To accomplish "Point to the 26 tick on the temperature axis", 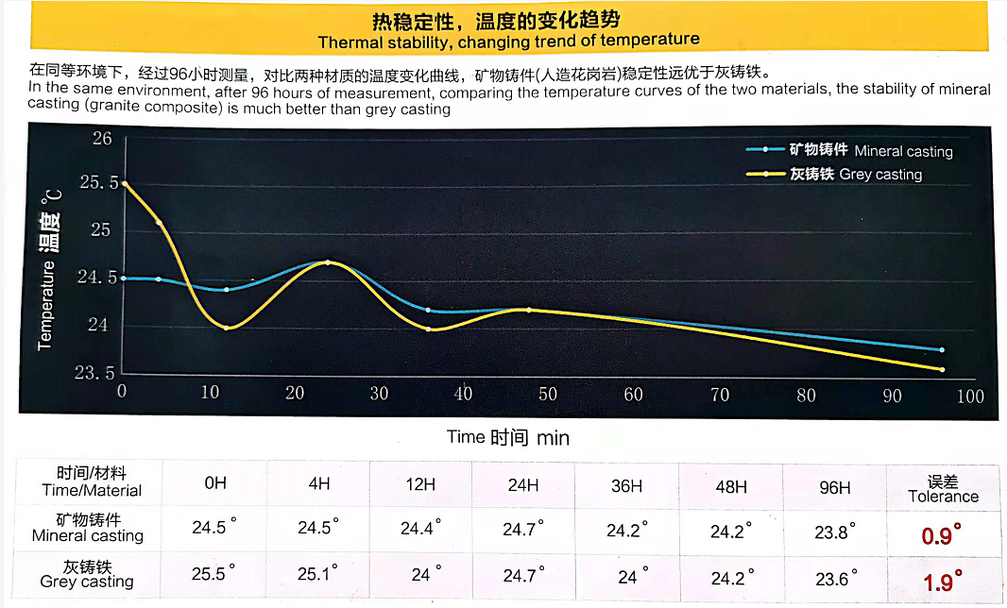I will pos(101,139).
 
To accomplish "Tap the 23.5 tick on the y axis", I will pos(97,372).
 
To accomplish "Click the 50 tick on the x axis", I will pos(547,394).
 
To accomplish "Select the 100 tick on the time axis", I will pos(970,396).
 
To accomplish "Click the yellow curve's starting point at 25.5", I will pos(124,183).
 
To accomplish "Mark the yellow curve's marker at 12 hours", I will pos(227,328).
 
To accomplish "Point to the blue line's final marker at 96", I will pos(942,350).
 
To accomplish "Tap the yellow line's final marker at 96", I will pos(942,369).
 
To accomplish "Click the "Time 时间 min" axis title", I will pos(508,437).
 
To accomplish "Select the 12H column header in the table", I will pos(419,484).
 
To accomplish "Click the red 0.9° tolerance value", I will pos(942,535).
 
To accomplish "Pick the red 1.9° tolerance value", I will pos(942,580).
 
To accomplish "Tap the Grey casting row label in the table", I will pos(87,574).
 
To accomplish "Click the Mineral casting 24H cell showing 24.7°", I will pos(522,529).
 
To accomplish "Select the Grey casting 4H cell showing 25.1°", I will pos(316,574).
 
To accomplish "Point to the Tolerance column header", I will pos(943,489).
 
